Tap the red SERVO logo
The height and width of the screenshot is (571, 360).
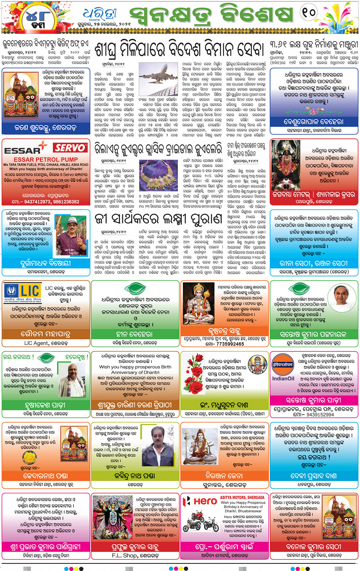[x=69, y=148]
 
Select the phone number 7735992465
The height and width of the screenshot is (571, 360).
[x=225, y=344]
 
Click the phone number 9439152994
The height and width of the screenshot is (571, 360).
[x=314, y=414]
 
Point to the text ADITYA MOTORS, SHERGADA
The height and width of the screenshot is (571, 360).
[x=242, y=497]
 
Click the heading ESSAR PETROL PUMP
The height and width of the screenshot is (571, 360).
[x=46, y=159]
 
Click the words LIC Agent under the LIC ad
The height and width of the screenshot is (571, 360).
[x=46, y=343]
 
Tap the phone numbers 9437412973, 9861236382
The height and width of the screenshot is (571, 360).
[x=45, y=202]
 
